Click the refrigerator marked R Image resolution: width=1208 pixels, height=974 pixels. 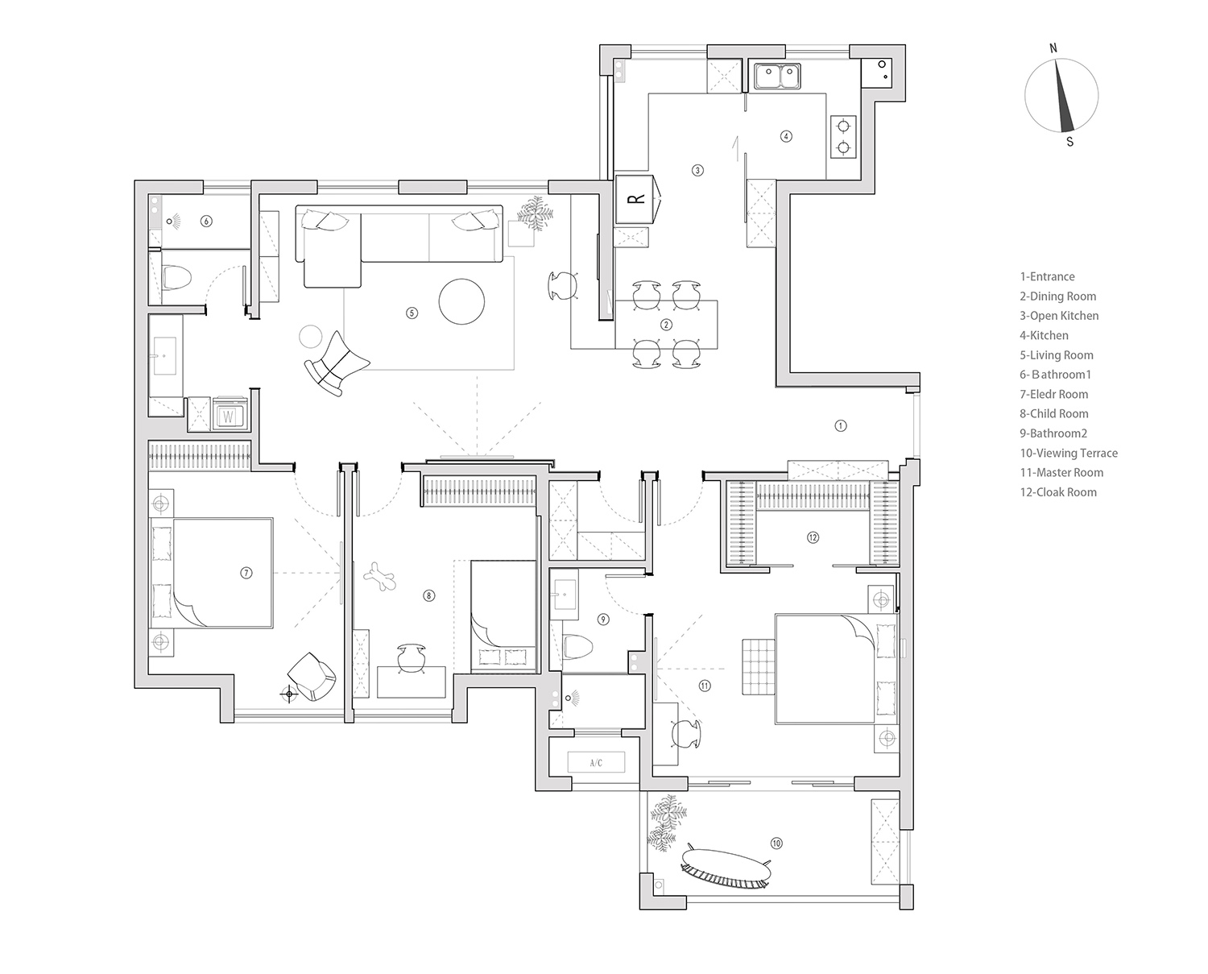click(x=636, y=198)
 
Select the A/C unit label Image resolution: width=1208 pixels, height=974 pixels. click(x=596, y=762)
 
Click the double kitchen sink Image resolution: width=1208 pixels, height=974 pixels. click(x=777, y=77)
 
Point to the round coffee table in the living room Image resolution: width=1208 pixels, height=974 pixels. click(x=461, y=301)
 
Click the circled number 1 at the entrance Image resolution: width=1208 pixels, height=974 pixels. click(x=841, y=425)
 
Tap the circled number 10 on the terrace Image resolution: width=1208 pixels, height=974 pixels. click(x=776, y=843)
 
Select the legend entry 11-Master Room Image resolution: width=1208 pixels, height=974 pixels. click(x=1061, y=473)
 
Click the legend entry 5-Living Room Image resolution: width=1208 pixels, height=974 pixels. click(x=1057, y=355)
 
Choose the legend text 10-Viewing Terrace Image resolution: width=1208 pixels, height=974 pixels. click(x=1069, y=454)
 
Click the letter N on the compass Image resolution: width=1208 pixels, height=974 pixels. click(x=1053, y=48)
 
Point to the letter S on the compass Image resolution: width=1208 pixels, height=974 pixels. click(x=1069, y=142)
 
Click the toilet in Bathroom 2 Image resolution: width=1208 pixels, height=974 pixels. click(x=577, y=646)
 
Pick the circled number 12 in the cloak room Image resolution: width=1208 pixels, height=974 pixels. click(x=813, y=537)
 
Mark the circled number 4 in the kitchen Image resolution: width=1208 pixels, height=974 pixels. click(x=787, y=136)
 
